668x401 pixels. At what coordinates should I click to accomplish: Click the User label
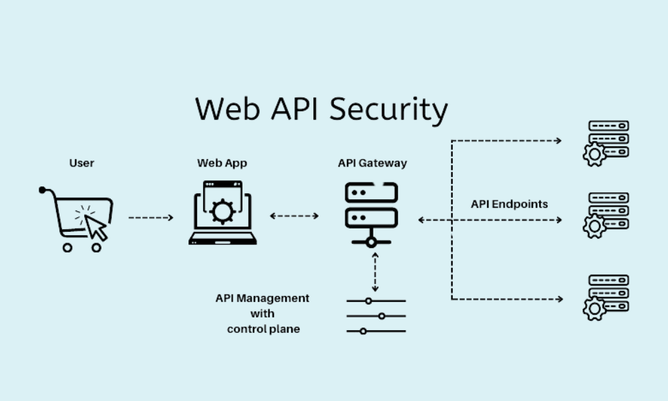pyautogui.click(x=81, y=162)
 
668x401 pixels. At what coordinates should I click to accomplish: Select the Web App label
pyautogui.click(x=218, y=162)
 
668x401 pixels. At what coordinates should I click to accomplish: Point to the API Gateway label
pyautogui.click(x=372, y=162)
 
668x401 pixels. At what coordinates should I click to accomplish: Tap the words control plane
pyautogui.click(x=263, y=329)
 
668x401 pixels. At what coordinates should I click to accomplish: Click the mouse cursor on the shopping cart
pyautogui.click(x=96, y=226)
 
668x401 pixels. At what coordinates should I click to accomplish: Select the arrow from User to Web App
pyautogui.click(x=151, y=217)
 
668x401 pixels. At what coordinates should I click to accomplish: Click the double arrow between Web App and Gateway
pyautogui.click(x=294, y=216)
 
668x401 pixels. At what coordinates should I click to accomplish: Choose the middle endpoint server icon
pyautogui.click(x=606, y=215)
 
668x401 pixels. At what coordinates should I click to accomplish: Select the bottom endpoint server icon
pyautogui.click(x=606, y=297)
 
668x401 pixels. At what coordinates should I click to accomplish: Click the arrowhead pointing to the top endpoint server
pyautogui.click(x=558, y=140)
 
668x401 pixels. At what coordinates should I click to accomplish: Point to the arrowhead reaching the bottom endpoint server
pyautogui.click(x=558, y=299)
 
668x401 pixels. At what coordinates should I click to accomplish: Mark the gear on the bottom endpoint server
pyautogui.click(x=594, y=309)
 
